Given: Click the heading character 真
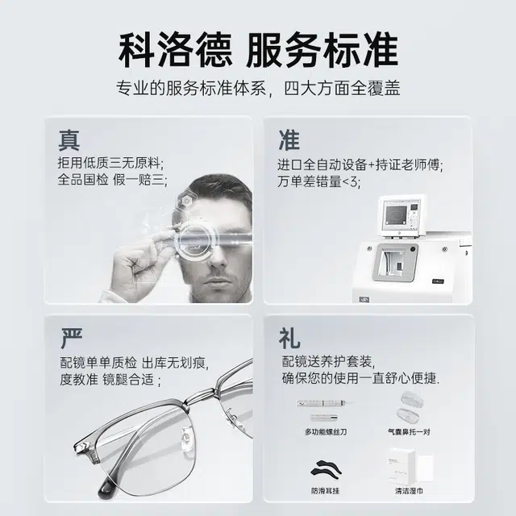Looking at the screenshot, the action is [69, 140].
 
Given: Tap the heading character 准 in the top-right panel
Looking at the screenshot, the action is [289, 140].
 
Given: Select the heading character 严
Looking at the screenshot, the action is [72, 338].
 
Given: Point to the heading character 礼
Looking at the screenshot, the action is [289, 338].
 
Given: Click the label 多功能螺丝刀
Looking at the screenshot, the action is [326, 431].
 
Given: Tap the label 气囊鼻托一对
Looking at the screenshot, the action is [409, 431].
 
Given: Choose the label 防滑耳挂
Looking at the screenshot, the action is [325, 491].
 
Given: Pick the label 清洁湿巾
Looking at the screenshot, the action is [409, 491].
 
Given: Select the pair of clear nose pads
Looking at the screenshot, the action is [410, 406].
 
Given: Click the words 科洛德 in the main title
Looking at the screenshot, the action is [175, 50].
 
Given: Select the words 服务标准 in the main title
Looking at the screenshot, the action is [322, 50].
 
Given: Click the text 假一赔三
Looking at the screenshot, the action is [139, 180].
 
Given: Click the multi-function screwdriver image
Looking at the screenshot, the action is [324, 410].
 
